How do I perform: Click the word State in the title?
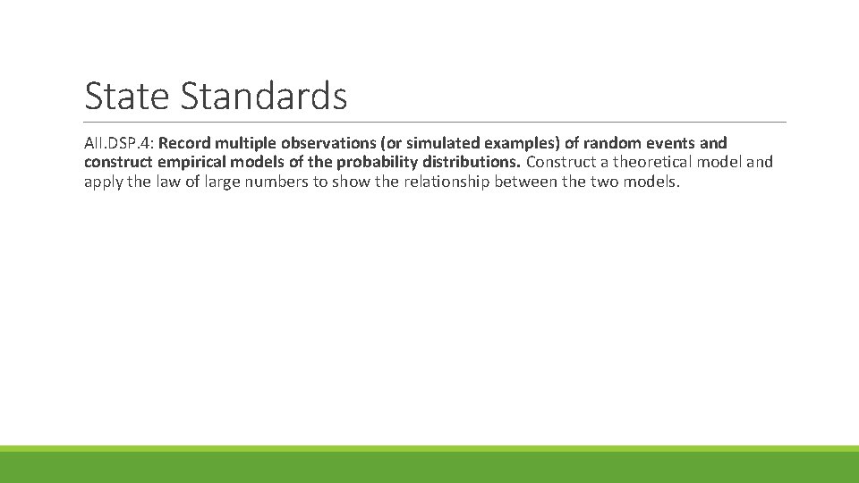click(x=129, y=96)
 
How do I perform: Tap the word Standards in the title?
click(x=264, y=96)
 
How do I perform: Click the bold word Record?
click(x=187, y=143)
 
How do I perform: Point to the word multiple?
click(x=247, y=143)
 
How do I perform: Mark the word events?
click(x=674, y=143)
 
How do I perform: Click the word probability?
click(x=377, y=163)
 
